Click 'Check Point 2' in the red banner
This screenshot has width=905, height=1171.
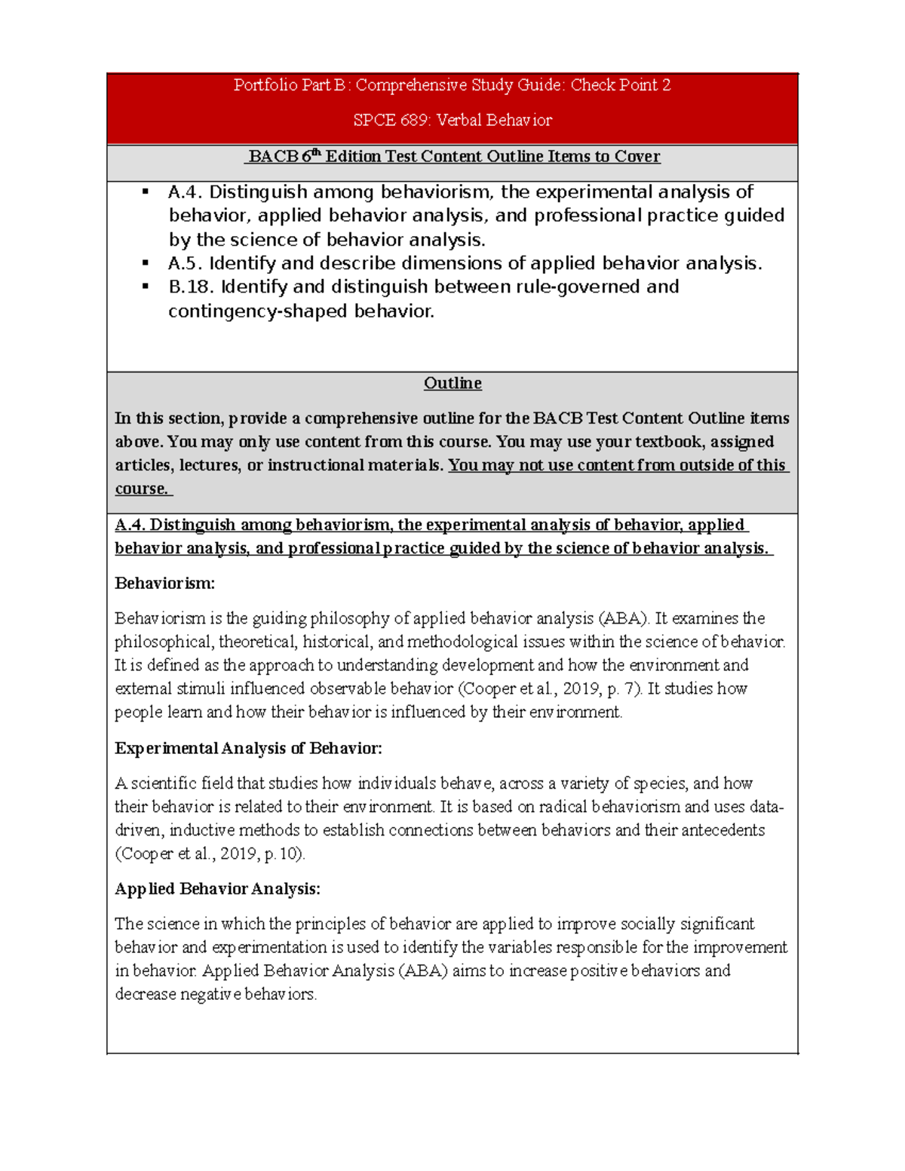[620, 85]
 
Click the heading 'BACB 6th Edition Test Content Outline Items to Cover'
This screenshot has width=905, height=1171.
[453, 157]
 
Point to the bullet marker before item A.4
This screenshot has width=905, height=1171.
[145, 192]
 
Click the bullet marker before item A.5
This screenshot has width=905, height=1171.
[145, 264]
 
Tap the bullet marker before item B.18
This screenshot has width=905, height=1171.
[145, 287]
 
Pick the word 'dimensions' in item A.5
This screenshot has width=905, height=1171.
[448, 264]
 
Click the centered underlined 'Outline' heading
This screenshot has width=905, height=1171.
[452, 383]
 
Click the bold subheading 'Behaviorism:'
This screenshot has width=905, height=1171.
[164, 584]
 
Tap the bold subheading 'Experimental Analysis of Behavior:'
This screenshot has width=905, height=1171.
[248, 749]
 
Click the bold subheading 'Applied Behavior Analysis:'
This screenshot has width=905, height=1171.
[217, 889]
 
